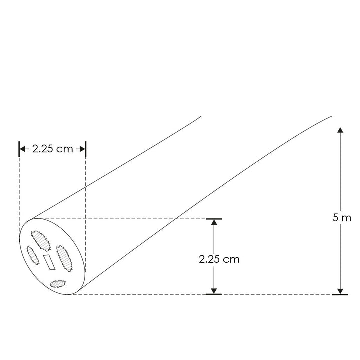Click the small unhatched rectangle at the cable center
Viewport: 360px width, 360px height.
(x=49, y=262)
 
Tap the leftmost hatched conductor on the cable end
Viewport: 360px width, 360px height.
(x=33, y=255)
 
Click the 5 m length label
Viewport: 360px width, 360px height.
(x=341, y=218)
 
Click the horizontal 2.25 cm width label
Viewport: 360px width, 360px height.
(x=52, y=148)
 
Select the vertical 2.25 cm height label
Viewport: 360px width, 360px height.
(x=219, y=259)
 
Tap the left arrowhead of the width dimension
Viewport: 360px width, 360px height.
(x=22, y=148)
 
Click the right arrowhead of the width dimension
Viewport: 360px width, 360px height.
(x=83, y=148)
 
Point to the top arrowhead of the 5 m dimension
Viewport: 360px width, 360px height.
(x=340, y=131)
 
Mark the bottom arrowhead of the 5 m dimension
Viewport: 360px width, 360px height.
(x=340, y=291)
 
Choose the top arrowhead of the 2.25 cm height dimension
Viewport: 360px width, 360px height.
(x=214, y=223)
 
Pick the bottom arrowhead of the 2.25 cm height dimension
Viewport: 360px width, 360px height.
(x=214, y=291)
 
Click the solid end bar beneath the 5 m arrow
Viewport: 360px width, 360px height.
(x=340, y=295)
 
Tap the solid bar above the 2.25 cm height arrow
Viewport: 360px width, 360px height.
(x=214, y=219)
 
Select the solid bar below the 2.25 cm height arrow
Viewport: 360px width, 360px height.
(x=214, y=295)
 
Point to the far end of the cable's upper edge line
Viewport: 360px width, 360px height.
(x=201, y=117)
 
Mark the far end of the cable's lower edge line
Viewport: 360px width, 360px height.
(x=331, y=117)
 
